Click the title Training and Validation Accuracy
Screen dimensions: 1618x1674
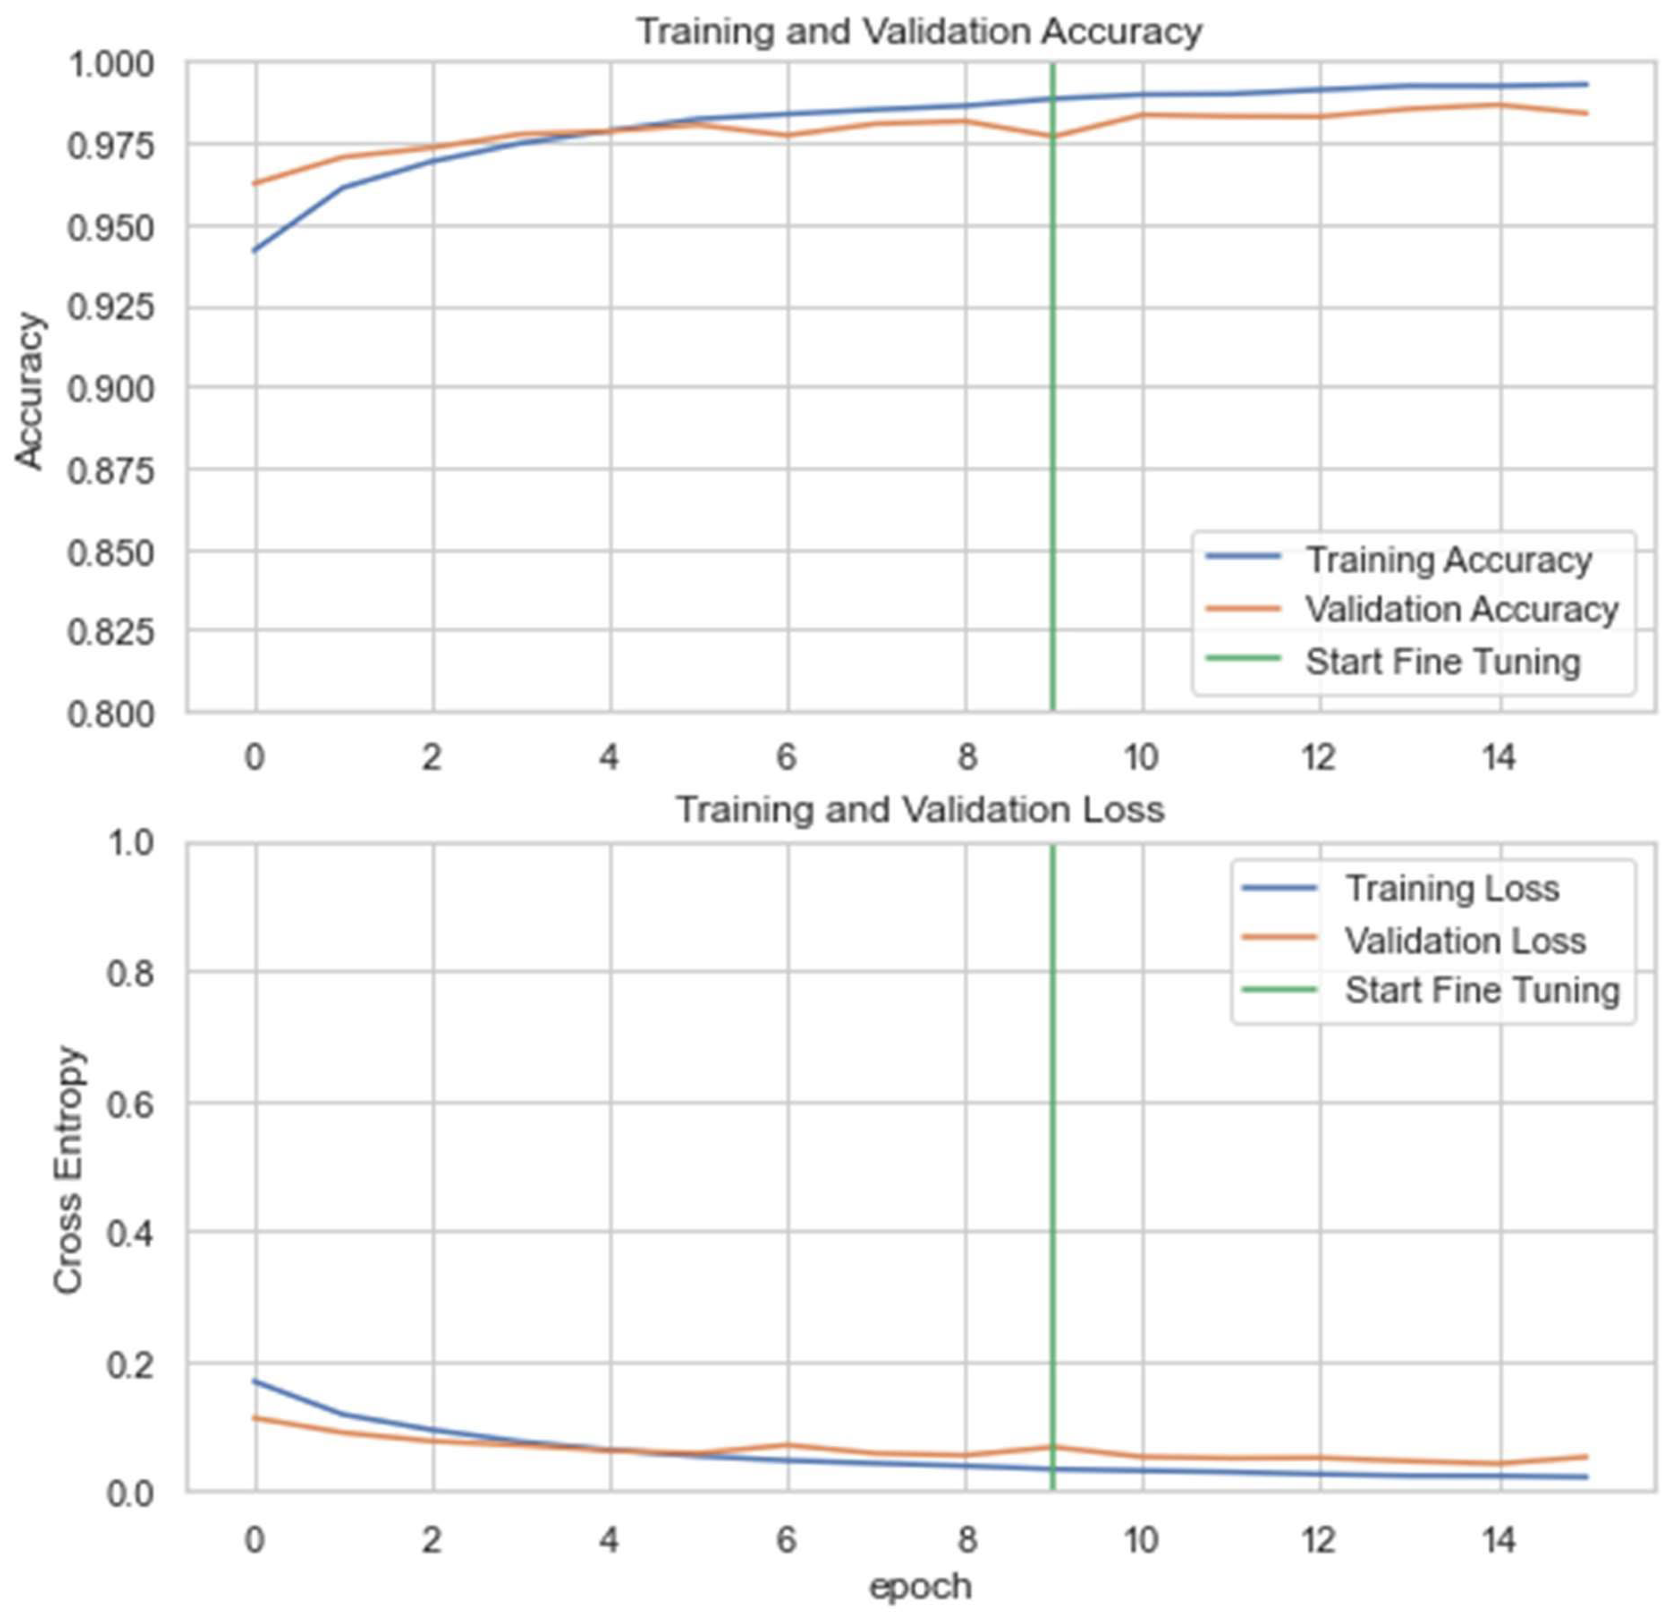920,31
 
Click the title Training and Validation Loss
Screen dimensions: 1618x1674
920,809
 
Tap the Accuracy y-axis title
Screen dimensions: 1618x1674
30,391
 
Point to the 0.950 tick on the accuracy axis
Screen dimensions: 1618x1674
111,228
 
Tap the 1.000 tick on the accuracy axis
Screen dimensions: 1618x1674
111,65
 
